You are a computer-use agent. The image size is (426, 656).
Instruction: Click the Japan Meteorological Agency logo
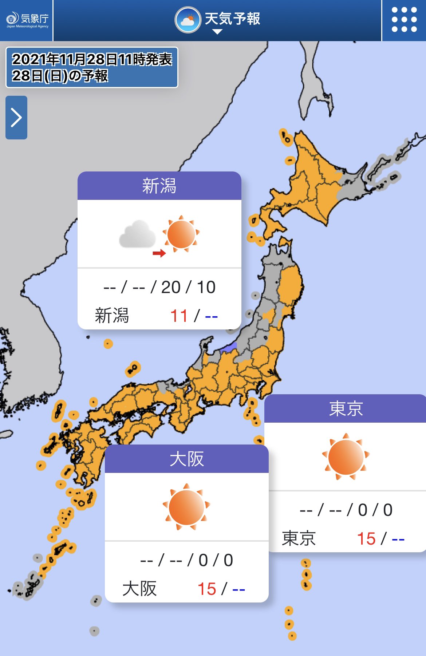coord(27,20)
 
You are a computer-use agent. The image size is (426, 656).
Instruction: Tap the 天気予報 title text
coord(232,19)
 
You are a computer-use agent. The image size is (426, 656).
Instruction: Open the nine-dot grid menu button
coord(404,20)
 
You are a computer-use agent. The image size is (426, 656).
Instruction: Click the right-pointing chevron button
coord(16,117)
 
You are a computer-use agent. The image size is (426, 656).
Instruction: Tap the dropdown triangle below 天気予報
coord(217,32)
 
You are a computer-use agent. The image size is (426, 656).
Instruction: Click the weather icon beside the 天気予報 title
coord(188,20)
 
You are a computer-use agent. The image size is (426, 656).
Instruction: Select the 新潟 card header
coord(159,186)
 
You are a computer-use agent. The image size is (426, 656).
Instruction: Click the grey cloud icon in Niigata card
coord(138,234)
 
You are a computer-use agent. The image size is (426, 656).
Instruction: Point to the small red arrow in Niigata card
coord(159,253)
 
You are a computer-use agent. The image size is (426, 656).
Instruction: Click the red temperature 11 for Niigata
coord(179,316)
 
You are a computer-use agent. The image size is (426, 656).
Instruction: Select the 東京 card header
coord(346,408)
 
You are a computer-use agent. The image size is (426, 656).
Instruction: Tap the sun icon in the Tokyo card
coord(346,457)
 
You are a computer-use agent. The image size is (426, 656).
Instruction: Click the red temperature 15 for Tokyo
coord(366,538)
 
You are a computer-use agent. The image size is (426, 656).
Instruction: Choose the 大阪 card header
coord(187,459)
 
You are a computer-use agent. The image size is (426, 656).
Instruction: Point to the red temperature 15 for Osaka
coord(206,589)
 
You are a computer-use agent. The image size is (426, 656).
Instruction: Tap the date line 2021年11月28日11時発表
coord(92,59)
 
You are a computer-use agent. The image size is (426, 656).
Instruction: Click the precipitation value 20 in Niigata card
coord(171,287)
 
